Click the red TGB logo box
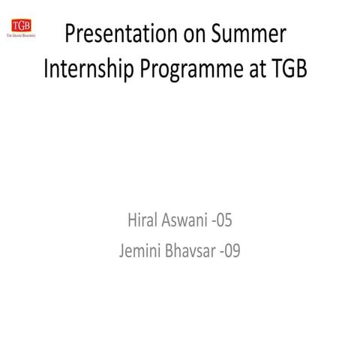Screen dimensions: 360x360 click(x=21, y=25)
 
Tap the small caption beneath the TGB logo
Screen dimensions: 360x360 click(x=21, y=35)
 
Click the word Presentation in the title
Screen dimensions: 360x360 click(x=121, y=34)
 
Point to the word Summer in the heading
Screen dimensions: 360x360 click(x=249, y=33)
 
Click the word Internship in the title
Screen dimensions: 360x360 click(x=88, y=69)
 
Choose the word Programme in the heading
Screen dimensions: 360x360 click(x=191, y=70)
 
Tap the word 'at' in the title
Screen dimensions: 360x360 click(x=256, y=70)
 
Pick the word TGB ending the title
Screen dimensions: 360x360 click(x=288, y=68)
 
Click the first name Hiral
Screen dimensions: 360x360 click(x=142, y=220)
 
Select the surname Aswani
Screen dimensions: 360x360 click(x=184, y=220)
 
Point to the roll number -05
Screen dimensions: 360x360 click(x=222, y=220)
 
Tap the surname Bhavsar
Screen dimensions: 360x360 click(x=190, y=250)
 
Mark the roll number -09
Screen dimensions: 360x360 click(x=230, y=250)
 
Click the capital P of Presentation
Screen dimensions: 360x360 click(x=70, y=33)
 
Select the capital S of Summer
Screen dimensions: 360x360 click(x=217, y=33)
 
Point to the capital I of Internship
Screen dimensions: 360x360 click(x=46, y=68)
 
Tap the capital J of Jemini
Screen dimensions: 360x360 click(x=122, y=250)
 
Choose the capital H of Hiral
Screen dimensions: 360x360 click(x=132, y=220)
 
